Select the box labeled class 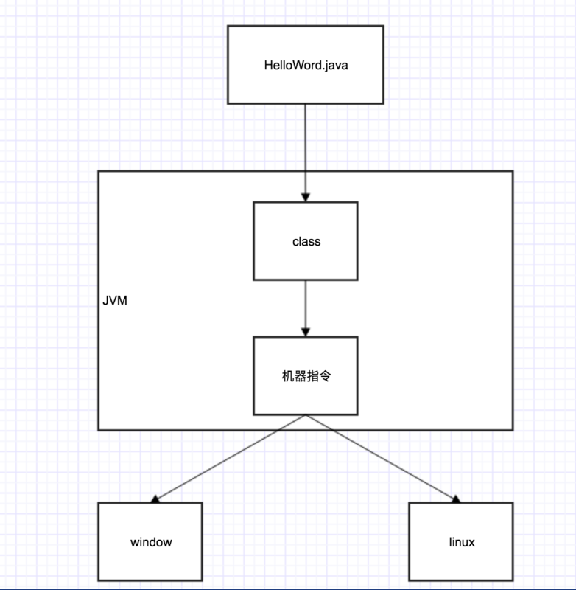[x=305, y=241]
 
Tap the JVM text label [x=114, y=302]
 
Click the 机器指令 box [x=305, y=375]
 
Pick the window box [x=150, y=541]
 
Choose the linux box [x=461, y=541]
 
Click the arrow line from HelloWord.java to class [x=305, y=147]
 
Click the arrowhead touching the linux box [x=456, y=499]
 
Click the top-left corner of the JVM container [x=99, y=172]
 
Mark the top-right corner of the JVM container [x=512, y=172]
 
